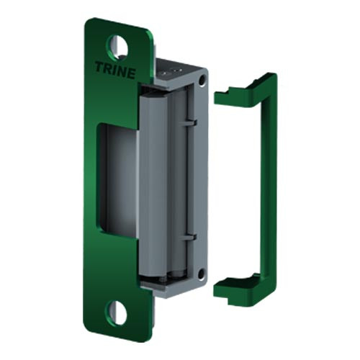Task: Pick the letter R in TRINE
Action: [106, 68]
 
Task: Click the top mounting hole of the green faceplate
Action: [117, 46]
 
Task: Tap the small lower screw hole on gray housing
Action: [202, 274]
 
